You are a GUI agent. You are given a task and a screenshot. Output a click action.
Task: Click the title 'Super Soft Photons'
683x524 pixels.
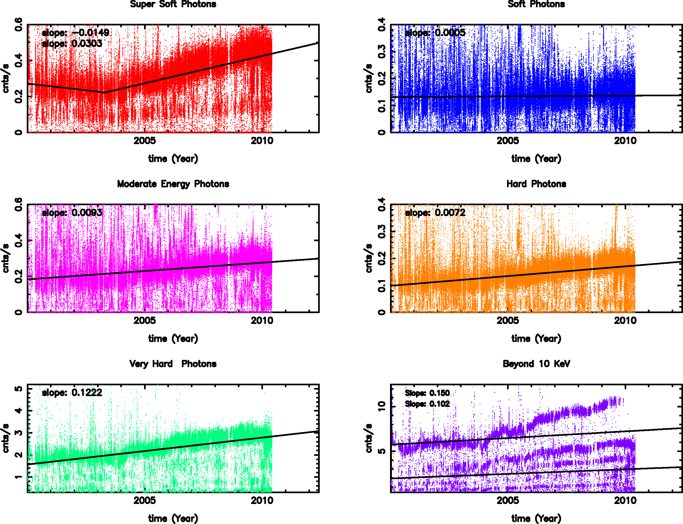(173, 4)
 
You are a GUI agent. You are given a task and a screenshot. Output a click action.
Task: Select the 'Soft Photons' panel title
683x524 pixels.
(536, 4)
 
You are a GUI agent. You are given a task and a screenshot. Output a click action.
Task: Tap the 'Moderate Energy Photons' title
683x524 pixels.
(173, 184)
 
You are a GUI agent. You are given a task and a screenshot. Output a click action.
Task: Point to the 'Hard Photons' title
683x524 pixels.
(536, 184)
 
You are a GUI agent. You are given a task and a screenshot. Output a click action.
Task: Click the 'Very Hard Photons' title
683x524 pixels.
(173, 364)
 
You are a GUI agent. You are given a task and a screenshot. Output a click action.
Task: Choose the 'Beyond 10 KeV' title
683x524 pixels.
(536, 364)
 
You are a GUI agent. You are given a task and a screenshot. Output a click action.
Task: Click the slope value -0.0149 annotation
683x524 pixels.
(75, 32)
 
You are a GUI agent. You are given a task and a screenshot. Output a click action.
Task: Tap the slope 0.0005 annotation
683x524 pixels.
(435, 32)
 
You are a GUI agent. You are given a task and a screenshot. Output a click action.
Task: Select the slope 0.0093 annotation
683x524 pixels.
(72, 213)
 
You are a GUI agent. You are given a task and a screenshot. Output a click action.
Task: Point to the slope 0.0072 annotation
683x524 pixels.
(435, 213)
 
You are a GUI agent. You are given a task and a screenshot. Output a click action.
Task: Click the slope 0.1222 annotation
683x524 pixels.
(72, 392)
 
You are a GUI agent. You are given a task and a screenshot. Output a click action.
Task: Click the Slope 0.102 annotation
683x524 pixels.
(427, 404)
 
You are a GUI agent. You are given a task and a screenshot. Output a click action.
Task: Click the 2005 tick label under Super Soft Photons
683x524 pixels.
(145, 141)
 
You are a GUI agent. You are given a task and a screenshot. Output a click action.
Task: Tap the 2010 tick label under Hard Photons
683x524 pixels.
(625, 321)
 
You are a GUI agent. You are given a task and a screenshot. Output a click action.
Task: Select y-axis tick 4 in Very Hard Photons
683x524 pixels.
(19, 410)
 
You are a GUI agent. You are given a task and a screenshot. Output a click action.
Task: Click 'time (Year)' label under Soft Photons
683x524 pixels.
(536, 159)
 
